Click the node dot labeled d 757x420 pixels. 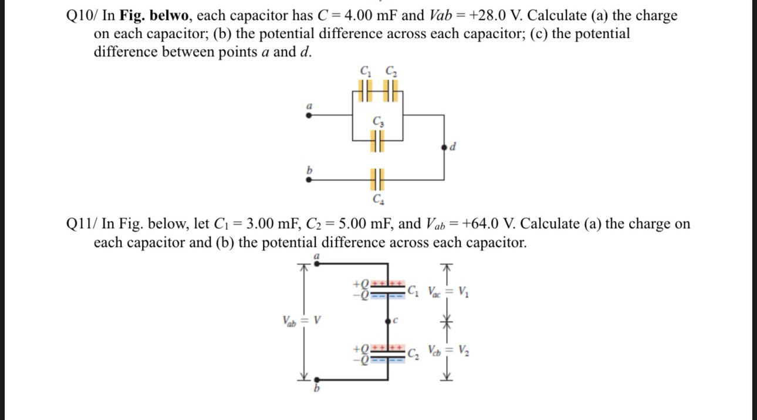(x=444, y=147)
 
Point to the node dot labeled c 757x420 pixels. (x=388, y=321)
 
